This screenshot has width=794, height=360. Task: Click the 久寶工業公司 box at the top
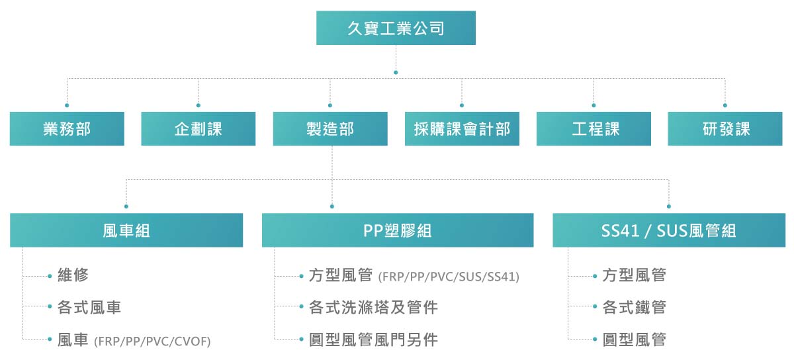(396, 28)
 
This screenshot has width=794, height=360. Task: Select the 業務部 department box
(67, 129)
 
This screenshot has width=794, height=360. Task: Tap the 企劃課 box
(198, 129)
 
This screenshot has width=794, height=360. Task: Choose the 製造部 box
(330, 129)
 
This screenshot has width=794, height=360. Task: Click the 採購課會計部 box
(462, 129)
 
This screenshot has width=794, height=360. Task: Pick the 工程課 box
(594, 129)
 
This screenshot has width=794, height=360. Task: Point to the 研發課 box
(725, 129)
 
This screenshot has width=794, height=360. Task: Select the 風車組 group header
(126, 230)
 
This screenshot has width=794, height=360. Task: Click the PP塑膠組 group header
(398, 230)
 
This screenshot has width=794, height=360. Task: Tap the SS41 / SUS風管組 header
(669, 230)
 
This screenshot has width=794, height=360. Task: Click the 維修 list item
(73, 275)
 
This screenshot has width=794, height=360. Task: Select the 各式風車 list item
(89, 307)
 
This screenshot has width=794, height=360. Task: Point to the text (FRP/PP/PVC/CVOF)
(153, 341)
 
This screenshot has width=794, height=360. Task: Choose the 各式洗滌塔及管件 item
(373, 307)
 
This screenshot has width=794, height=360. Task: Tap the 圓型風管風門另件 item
(373, 339)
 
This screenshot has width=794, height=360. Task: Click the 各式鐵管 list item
(634, 307)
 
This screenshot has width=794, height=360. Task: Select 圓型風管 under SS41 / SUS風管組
(634, 339)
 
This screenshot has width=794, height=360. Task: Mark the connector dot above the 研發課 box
(725, 105)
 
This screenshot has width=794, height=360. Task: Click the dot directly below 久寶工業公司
(396, 72)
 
